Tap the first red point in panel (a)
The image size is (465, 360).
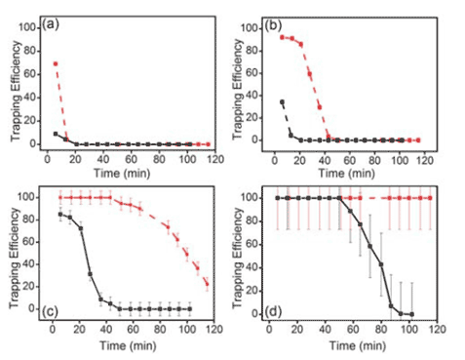pos(55,63)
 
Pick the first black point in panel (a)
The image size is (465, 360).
pos(55,134)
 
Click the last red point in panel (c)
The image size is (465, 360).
pos(207,284)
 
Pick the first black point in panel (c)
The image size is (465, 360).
pos(60,214)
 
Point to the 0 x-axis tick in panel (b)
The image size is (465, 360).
pos(273,152)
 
